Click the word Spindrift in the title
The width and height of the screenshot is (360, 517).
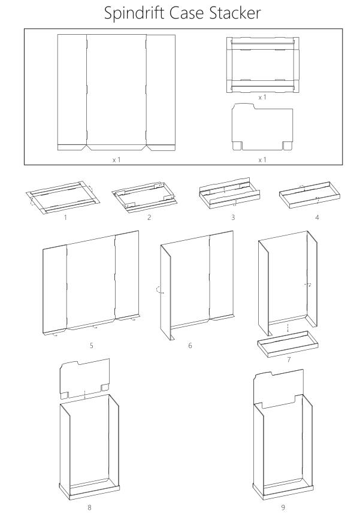click(135, 13)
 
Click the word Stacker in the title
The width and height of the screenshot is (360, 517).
click(235, 13)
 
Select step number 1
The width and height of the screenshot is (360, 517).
click(65, 217)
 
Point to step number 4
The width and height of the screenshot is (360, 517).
click(317, 217)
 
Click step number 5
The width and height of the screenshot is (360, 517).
click(91, 346)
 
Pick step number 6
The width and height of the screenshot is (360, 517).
click(190, 346)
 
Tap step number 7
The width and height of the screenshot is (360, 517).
click(289, 359)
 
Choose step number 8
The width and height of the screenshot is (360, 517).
click(89, 508)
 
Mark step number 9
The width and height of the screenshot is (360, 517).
click(283, 508)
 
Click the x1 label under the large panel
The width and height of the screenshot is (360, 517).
click(116, 160)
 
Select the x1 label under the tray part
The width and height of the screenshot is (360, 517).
click(262, 97)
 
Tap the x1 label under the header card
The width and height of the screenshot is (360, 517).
click(262, 160)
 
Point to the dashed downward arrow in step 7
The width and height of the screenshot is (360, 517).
click(288, 328)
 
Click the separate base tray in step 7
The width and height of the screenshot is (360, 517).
click(288, 344)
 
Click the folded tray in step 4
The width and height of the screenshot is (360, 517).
click(309, 195)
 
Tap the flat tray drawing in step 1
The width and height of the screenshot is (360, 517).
click(63, 197)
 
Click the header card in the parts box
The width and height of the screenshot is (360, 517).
click(262, 127)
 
